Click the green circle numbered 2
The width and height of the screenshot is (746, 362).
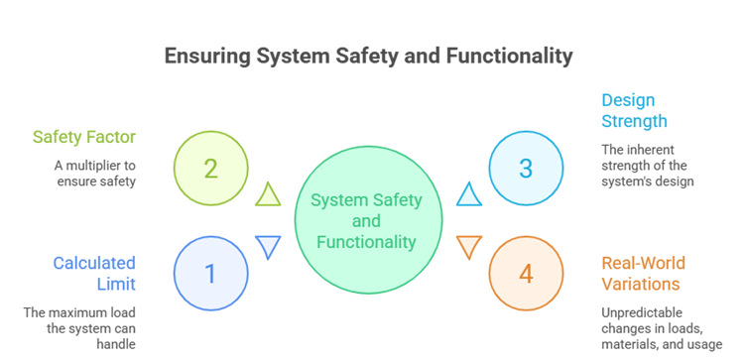click(210, 168)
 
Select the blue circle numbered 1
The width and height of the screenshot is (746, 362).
click(210, 273)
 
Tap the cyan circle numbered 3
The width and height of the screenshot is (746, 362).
click(526, 168)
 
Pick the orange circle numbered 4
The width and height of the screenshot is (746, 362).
click(526, 273)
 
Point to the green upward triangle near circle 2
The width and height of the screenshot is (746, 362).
click(268, 193)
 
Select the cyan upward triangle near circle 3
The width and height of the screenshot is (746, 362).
click(469, 193)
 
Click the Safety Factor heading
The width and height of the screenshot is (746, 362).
click(84, 137)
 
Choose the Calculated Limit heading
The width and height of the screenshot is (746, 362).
click(95, 273)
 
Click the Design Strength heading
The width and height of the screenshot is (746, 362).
click(635, 111)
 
